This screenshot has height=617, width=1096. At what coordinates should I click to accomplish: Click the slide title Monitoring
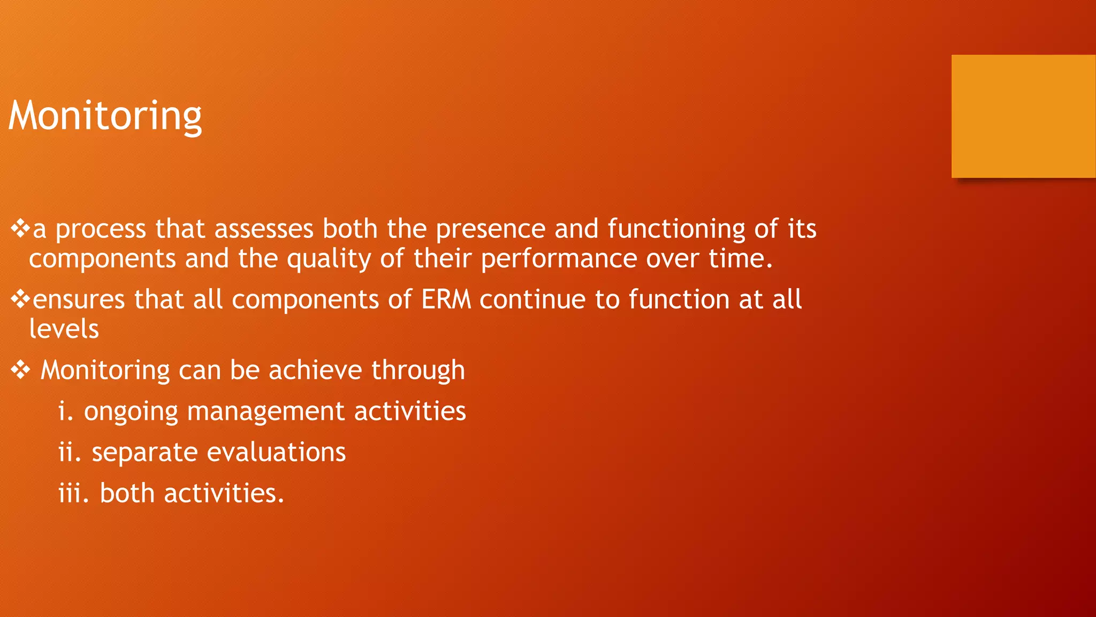(105, 116)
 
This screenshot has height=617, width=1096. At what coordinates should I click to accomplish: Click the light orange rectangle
(1023, 116)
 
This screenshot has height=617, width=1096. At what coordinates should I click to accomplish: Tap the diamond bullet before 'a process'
(20, 228)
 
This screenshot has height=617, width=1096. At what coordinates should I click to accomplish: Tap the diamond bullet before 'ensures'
(20, 299)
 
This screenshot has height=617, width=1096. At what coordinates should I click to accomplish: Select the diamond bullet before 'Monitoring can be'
(20, 370)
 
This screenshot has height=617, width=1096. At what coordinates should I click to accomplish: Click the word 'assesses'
(264, 229)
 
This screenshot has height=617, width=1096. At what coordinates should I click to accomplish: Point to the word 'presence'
(490, 229)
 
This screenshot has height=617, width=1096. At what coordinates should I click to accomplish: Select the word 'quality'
(329, 259)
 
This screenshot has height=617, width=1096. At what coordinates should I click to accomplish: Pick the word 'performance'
(559, 259)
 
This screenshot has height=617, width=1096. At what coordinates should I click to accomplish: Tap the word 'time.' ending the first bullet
(741, 259)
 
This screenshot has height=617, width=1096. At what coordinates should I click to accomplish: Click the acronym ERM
(446, 299)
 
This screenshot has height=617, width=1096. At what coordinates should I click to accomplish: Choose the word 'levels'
(64, 329)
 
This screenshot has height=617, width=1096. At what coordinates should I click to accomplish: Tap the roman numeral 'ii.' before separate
(70, 452)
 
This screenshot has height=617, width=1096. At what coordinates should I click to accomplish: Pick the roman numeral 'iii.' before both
(73, 493)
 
